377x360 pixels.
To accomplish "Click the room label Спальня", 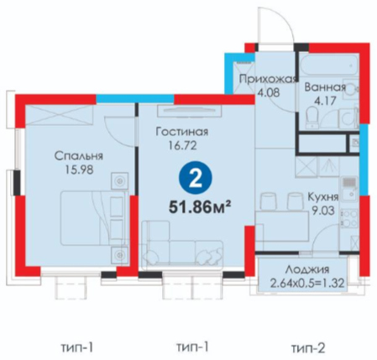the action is point(79,156).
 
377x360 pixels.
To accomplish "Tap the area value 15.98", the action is point(79,170).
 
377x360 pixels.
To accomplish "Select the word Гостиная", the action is point(182,132).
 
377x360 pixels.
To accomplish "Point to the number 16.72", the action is point(182,145).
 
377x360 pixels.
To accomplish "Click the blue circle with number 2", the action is point(196,178).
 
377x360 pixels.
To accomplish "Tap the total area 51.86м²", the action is point(200,207).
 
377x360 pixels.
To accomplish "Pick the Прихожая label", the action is point(267,79).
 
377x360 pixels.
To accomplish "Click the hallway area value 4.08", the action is point(269,92).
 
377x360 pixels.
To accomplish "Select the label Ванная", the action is point(325,87).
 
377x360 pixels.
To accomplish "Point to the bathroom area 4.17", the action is point(325,101).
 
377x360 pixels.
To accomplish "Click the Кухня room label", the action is point(323,197).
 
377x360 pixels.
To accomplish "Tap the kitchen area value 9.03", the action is point(323,211).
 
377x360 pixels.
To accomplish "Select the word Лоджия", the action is point(307,270).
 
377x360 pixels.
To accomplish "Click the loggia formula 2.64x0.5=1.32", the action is point(307,284).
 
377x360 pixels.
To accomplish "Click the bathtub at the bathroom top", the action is point(329,65).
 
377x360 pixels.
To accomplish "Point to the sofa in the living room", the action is point(182,246).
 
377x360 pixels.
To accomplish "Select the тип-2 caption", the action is point(308,348).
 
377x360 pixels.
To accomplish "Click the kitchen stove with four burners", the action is point(349,218).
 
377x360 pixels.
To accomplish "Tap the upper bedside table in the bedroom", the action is point(119,181).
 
